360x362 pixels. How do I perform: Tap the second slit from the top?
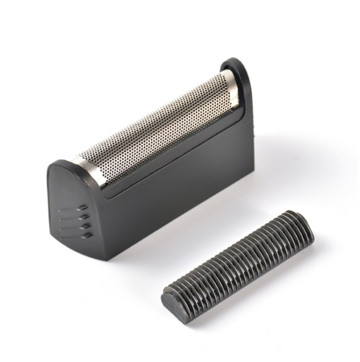[x=75, y=217]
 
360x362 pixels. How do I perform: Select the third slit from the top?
[x=77, y=226]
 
